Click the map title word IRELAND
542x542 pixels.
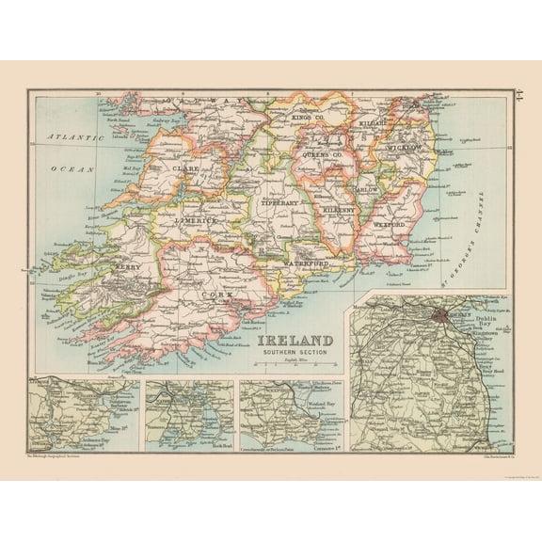[291, 340]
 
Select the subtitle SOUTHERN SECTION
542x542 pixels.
[291, 353]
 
